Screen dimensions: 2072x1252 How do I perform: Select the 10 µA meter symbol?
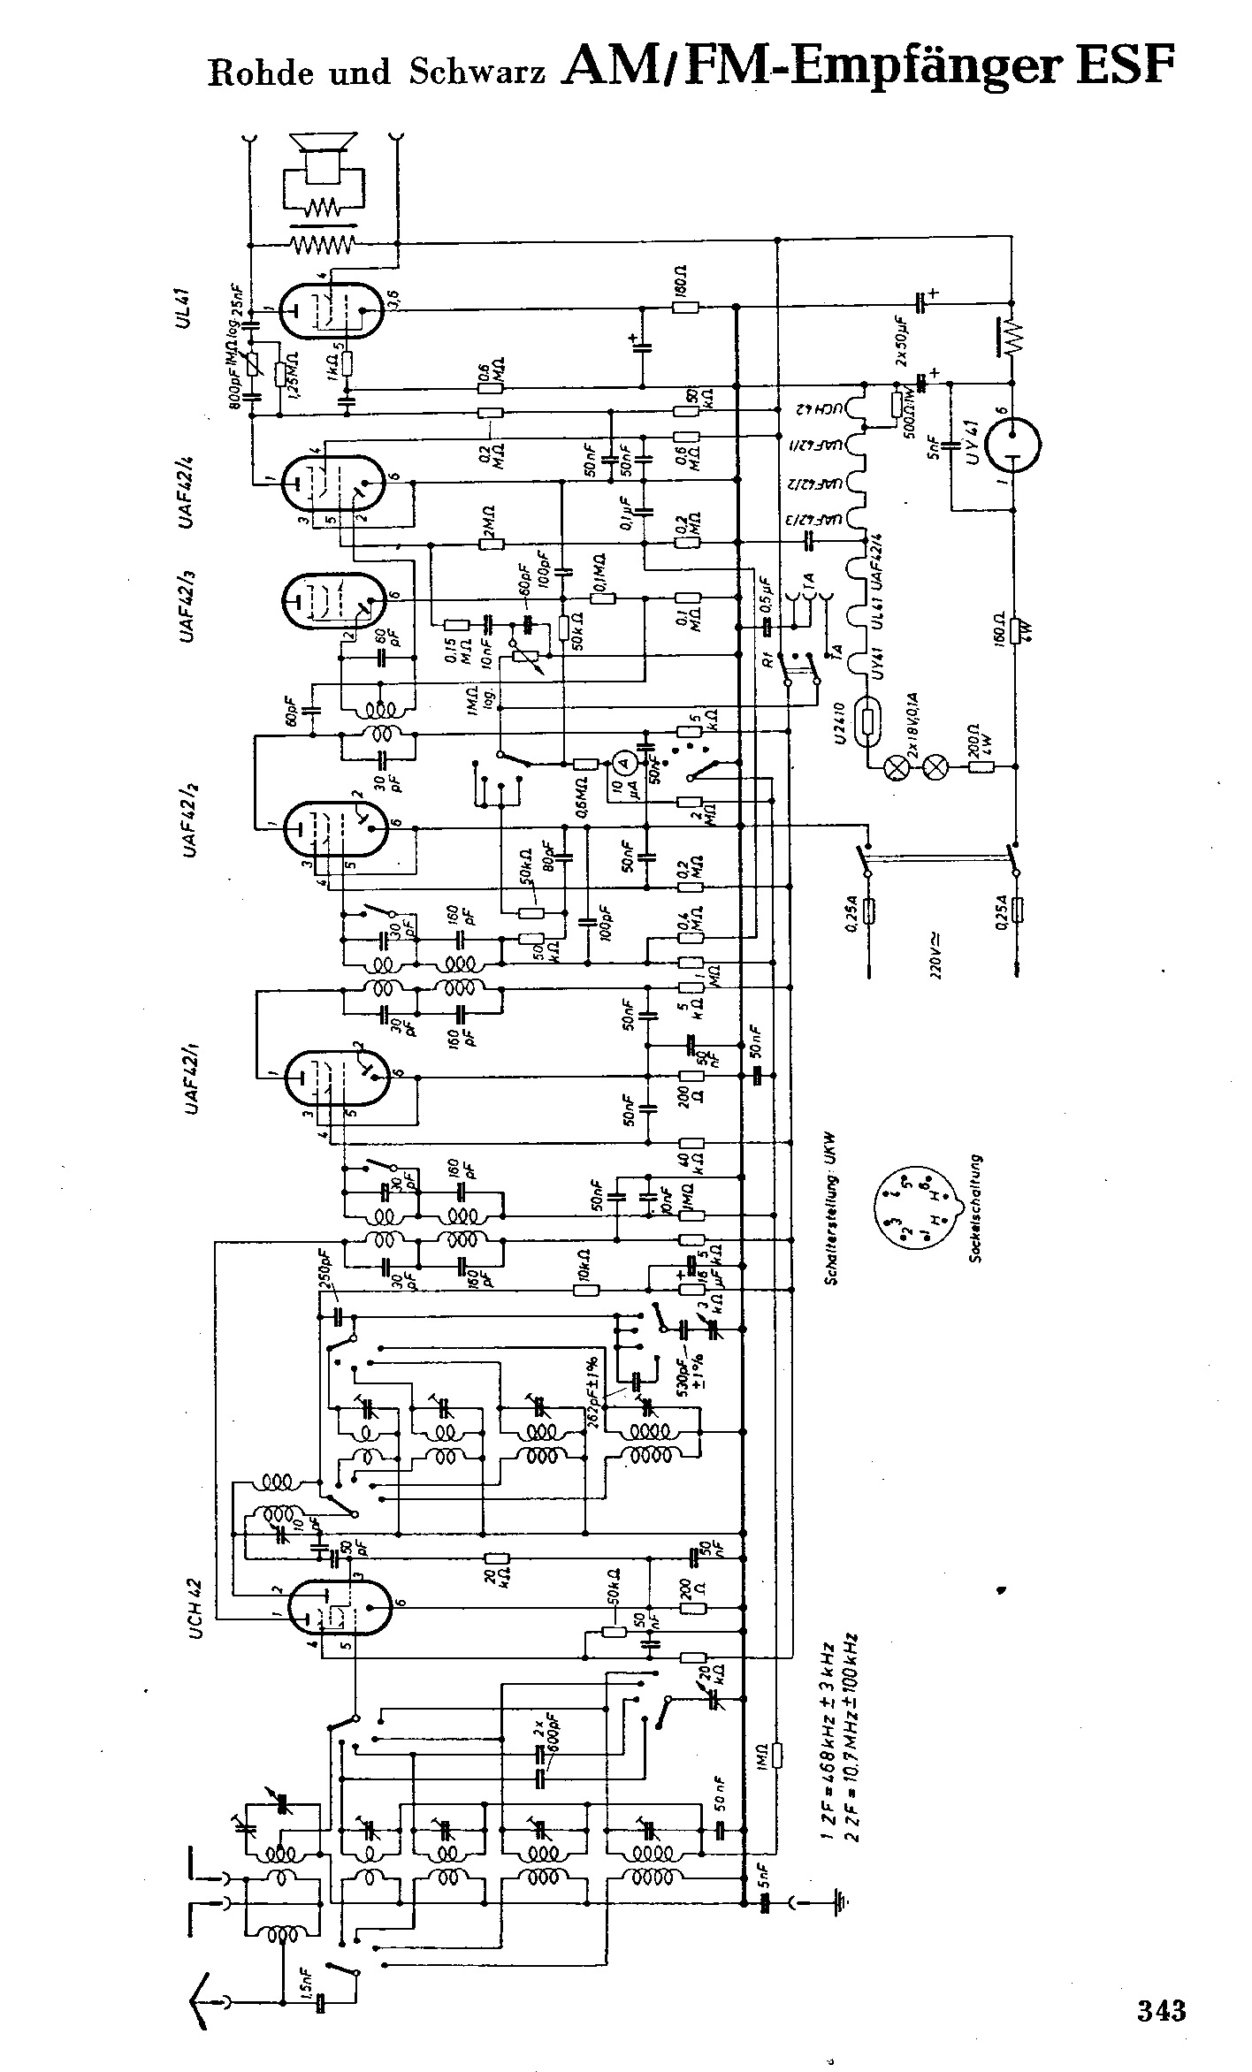click(x=623, y=762)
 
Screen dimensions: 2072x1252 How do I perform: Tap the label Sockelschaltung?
click(x=974, y=1207)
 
